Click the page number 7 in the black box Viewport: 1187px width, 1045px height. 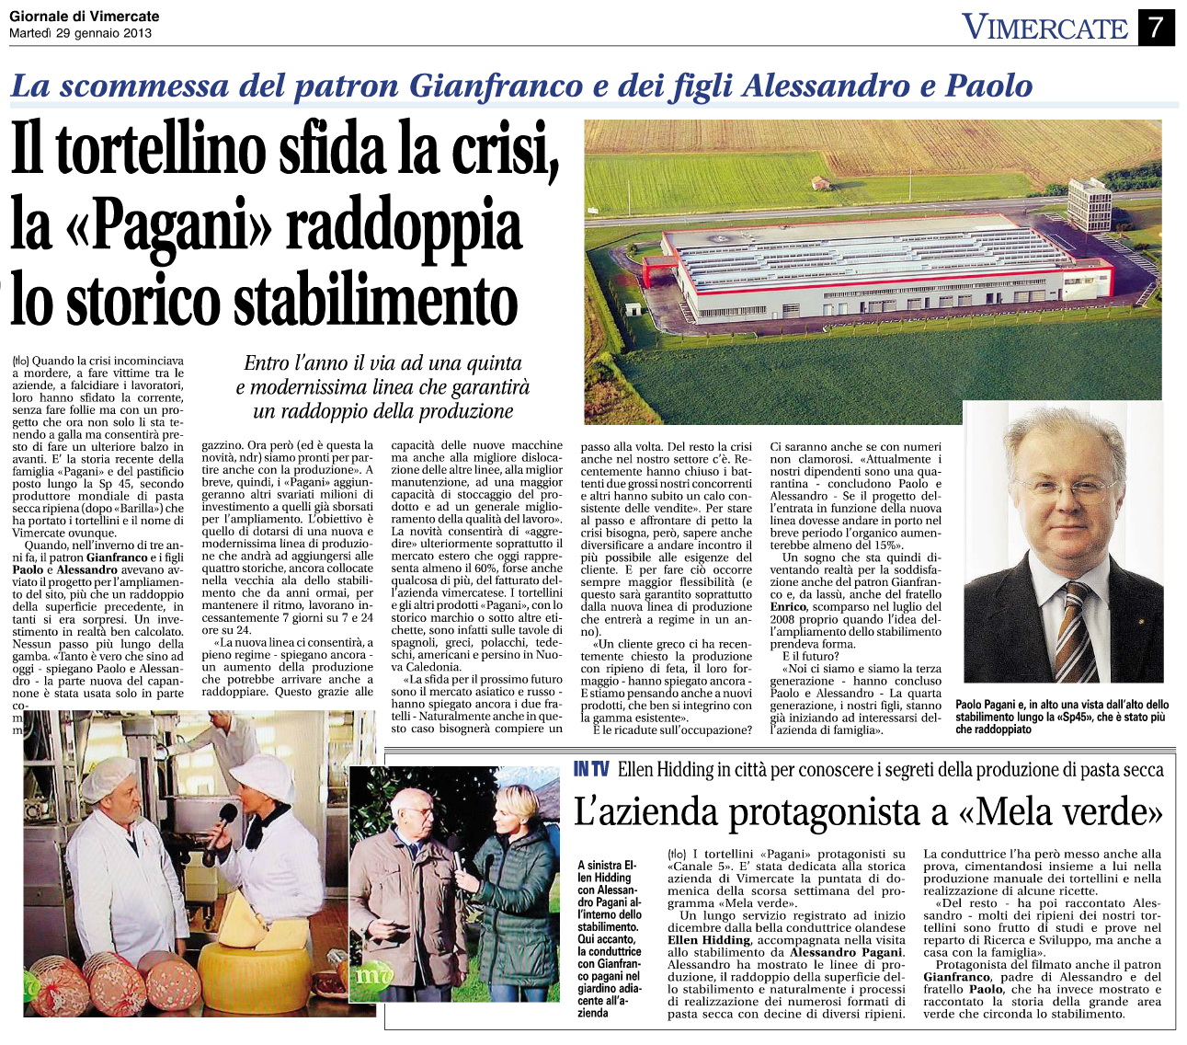[x=1156, y=27]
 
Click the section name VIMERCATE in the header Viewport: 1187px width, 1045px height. [x=1044, y=28]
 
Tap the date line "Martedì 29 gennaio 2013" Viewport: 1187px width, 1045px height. [x=81, y=33]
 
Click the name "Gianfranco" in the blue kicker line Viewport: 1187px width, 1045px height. [x=495, y=86]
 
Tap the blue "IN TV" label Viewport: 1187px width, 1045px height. [x=591, y=769]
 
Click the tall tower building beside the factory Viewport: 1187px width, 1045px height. [x=1089, y=203]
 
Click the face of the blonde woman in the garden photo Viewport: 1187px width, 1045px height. [x=510, y=810]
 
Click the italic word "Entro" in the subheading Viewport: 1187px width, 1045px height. [x=266, y=364]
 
